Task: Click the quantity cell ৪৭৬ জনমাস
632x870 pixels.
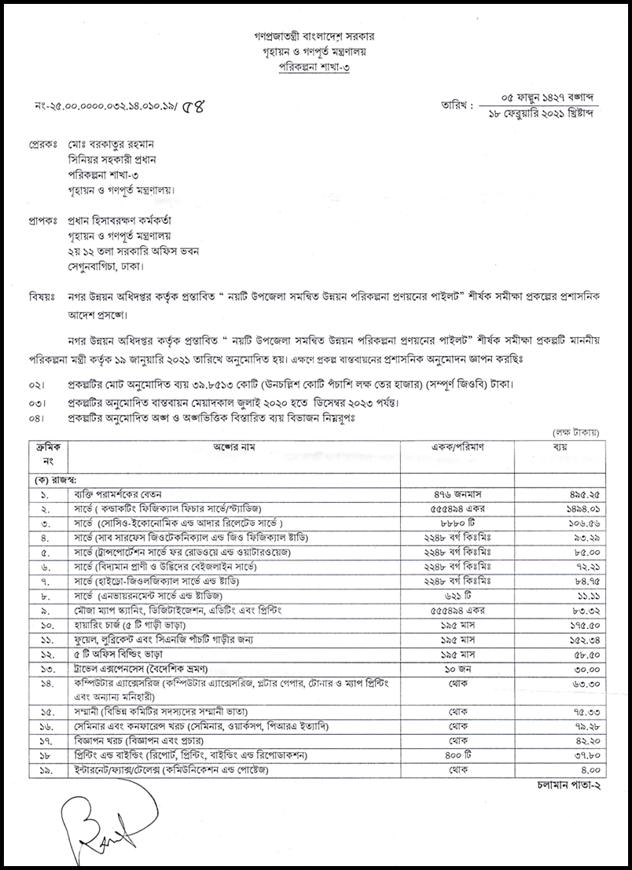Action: [457, 496]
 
